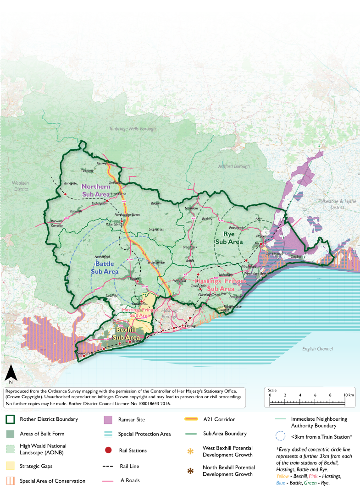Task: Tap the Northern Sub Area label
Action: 96,190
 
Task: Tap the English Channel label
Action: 318,349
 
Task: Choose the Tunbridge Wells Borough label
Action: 132,129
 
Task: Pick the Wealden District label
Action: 21,186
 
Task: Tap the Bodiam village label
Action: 156,203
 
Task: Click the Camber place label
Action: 296,257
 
